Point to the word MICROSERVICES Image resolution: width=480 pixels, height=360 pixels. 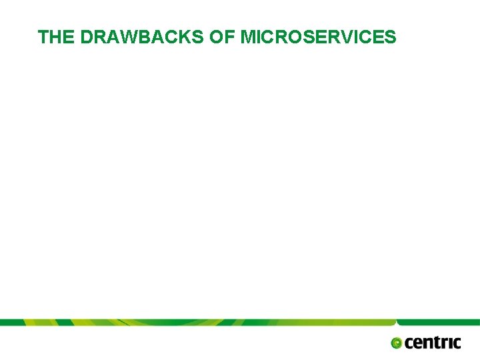pyautogui.click(x=318, y=37)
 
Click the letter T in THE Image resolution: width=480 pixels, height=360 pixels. pyautogui.click(x=43, y=37)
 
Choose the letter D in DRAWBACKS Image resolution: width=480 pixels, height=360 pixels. pyautogui.click(x=87, y=37)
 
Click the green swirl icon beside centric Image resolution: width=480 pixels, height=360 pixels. pyautogui.click(x=397, y=343)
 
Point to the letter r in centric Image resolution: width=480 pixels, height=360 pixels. pyautogui.click(x=443, y=343)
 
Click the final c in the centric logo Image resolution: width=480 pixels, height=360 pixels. pyautogui.click(x=456, y=343)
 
